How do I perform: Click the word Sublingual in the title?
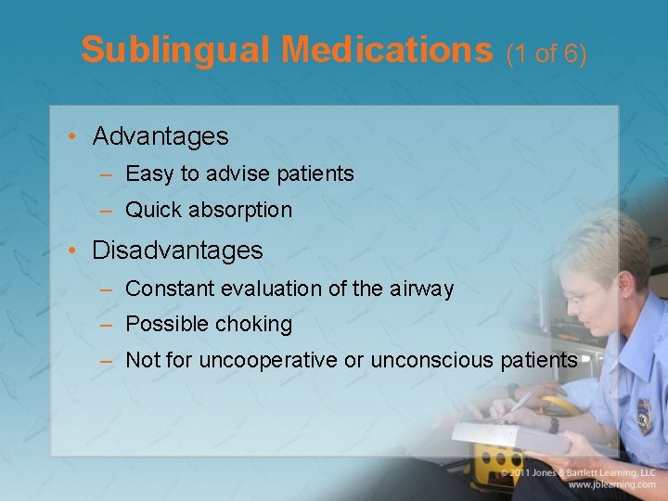[x=175, y=50]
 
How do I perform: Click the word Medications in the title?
[x=387, y=50]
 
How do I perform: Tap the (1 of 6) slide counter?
[x=546, y=54]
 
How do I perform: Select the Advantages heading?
[x=160, y=136]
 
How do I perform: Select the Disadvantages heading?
[x=177, y=250]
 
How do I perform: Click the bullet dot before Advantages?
[x=72, y=137]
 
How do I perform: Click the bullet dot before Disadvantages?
[x=72, y=250]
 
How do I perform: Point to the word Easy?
[x=145, y=174]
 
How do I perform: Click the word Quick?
[x=153, y=211]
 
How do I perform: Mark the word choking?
[x=253, y=325]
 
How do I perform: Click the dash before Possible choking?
[x=107, y=325]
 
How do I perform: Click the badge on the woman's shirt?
[x=643, y=416]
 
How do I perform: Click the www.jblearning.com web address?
[x=611, y=484]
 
